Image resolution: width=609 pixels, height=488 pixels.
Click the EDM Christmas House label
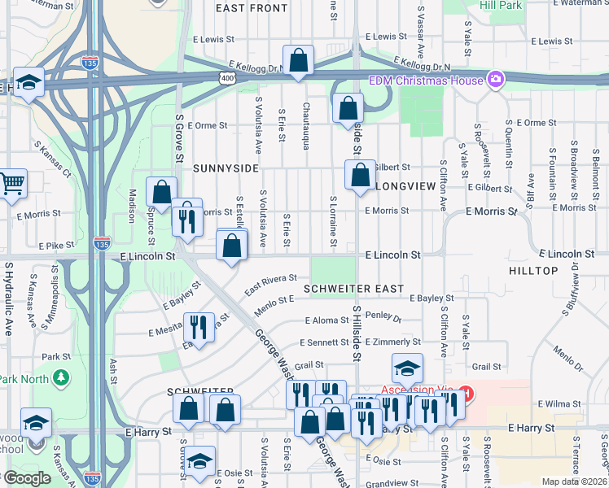coord(426,80)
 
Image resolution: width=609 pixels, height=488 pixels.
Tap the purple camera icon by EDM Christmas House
coord(494,79)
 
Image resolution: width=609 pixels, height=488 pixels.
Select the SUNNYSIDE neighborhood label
coord(226,168)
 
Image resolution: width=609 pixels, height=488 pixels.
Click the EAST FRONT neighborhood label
coord(252,8)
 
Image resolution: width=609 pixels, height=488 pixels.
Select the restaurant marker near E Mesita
coord(198,327)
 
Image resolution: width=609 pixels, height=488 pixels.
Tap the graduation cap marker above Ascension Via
coord(407,368)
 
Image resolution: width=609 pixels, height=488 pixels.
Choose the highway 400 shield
coord(227,77)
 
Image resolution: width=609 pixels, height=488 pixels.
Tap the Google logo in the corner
coord(27,478)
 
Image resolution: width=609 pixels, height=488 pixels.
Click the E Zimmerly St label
coord(393,342)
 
